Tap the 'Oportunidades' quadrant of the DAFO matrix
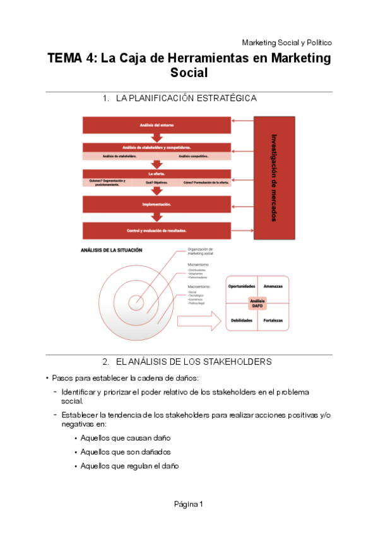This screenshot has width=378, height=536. click(x=241, y=286)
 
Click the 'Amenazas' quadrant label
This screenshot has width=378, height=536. click(x=273, y=286)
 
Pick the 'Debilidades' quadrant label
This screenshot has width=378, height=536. click(x=241, y=320)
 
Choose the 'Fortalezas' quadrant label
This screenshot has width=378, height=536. click(x=273, y=320)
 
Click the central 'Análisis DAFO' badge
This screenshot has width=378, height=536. click(x=257, y=303)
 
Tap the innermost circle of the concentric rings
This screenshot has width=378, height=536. click(x=136, y=302)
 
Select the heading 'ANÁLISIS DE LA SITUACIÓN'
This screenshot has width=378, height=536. click(x=111, y=250)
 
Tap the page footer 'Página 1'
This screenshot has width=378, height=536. click(x=189, y=504)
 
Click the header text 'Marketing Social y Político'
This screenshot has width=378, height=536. click(x=286, y=42)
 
